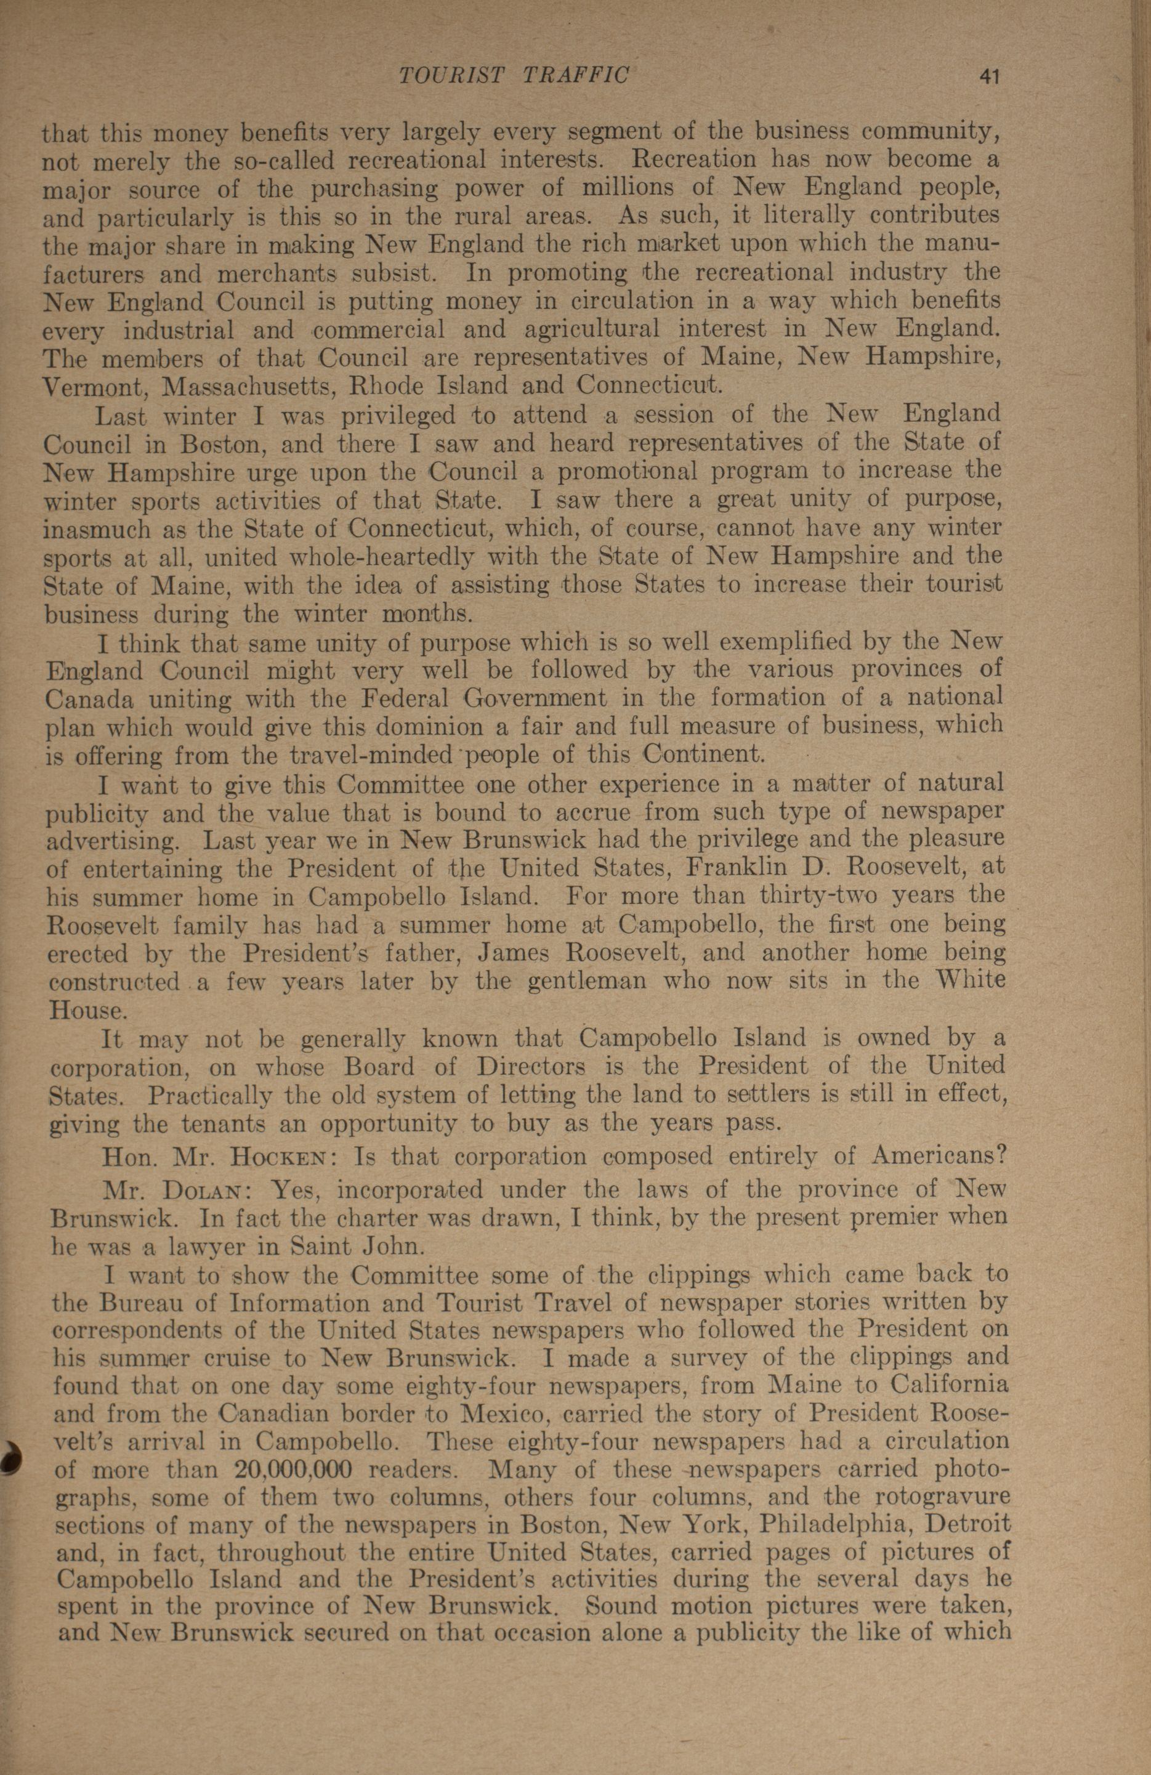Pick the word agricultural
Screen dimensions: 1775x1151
pos(592,330)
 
